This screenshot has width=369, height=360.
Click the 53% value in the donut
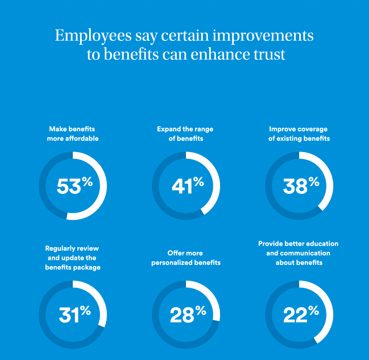pos(74,186)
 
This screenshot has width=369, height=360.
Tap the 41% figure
pos(187,186)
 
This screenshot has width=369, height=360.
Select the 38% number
pos(300,186)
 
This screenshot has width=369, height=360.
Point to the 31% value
pos(74,315)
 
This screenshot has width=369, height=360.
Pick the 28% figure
pos(187,315)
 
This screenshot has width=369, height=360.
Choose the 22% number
pos(300,315)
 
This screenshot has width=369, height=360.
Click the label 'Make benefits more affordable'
pos(72,133)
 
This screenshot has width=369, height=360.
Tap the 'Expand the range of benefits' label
pos(185,133)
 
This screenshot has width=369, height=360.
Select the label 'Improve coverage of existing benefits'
pos(299,133)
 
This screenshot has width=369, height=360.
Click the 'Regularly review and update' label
pos(72,258)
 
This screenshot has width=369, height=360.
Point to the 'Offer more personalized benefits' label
pos(186,258)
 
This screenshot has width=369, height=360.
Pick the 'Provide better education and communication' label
pos(298,253)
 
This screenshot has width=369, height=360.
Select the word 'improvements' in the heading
pos(263,36)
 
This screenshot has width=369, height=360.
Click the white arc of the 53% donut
pos(103,186)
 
